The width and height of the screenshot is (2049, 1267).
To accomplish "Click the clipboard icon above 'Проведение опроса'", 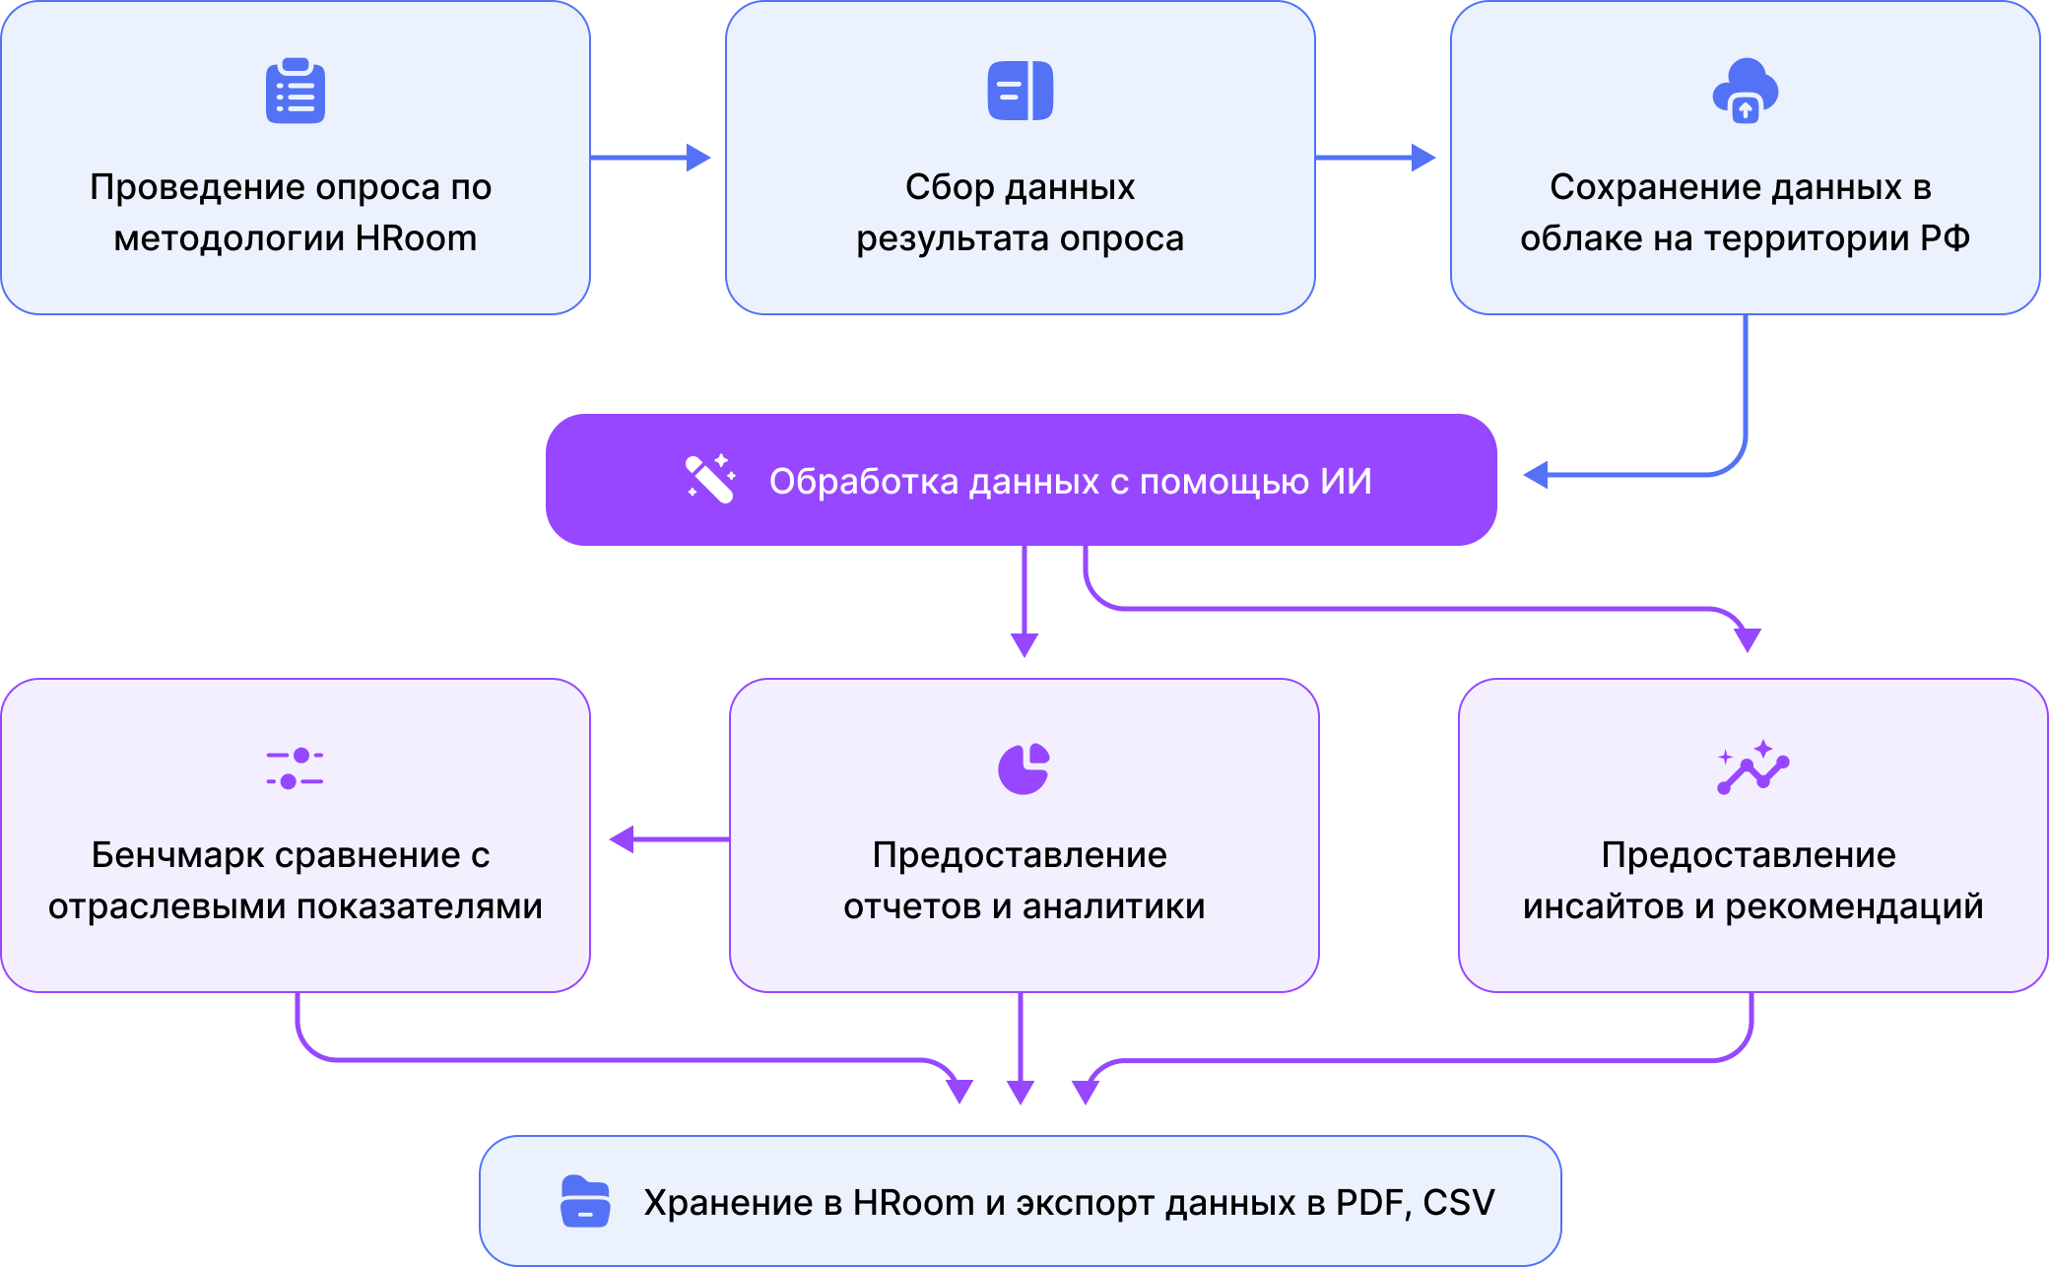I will click(295, 91).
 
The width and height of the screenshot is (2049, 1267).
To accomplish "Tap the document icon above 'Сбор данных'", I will click(1020, 91).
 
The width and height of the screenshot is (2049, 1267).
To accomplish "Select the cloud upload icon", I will click(1745, 91).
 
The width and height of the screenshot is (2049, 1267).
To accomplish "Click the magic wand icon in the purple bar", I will click(710, 479).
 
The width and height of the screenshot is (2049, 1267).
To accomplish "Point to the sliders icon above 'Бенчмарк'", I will click(295, 768).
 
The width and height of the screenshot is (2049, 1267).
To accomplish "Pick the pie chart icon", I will click(1024, 768).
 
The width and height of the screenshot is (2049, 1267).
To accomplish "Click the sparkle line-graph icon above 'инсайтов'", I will click(1752, 767).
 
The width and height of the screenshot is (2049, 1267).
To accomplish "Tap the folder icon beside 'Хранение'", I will click(585, 1202).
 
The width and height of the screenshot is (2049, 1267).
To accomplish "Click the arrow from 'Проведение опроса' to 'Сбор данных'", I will click(650, 158).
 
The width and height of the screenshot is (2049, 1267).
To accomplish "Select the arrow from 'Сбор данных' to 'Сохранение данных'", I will click(1375, 158).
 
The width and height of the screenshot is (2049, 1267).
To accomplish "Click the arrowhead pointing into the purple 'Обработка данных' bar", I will click(1537, 475).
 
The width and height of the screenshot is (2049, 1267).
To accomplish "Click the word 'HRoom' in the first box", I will click(416, 238).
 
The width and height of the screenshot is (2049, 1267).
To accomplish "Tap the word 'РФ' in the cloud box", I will click(1945, 238).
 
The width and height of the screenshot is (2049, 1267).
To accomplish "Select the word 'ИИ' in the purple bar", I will click(1346, 482).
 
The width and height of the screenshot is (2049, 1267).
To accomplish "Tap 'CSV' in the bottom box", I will click(1459, 1203).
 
